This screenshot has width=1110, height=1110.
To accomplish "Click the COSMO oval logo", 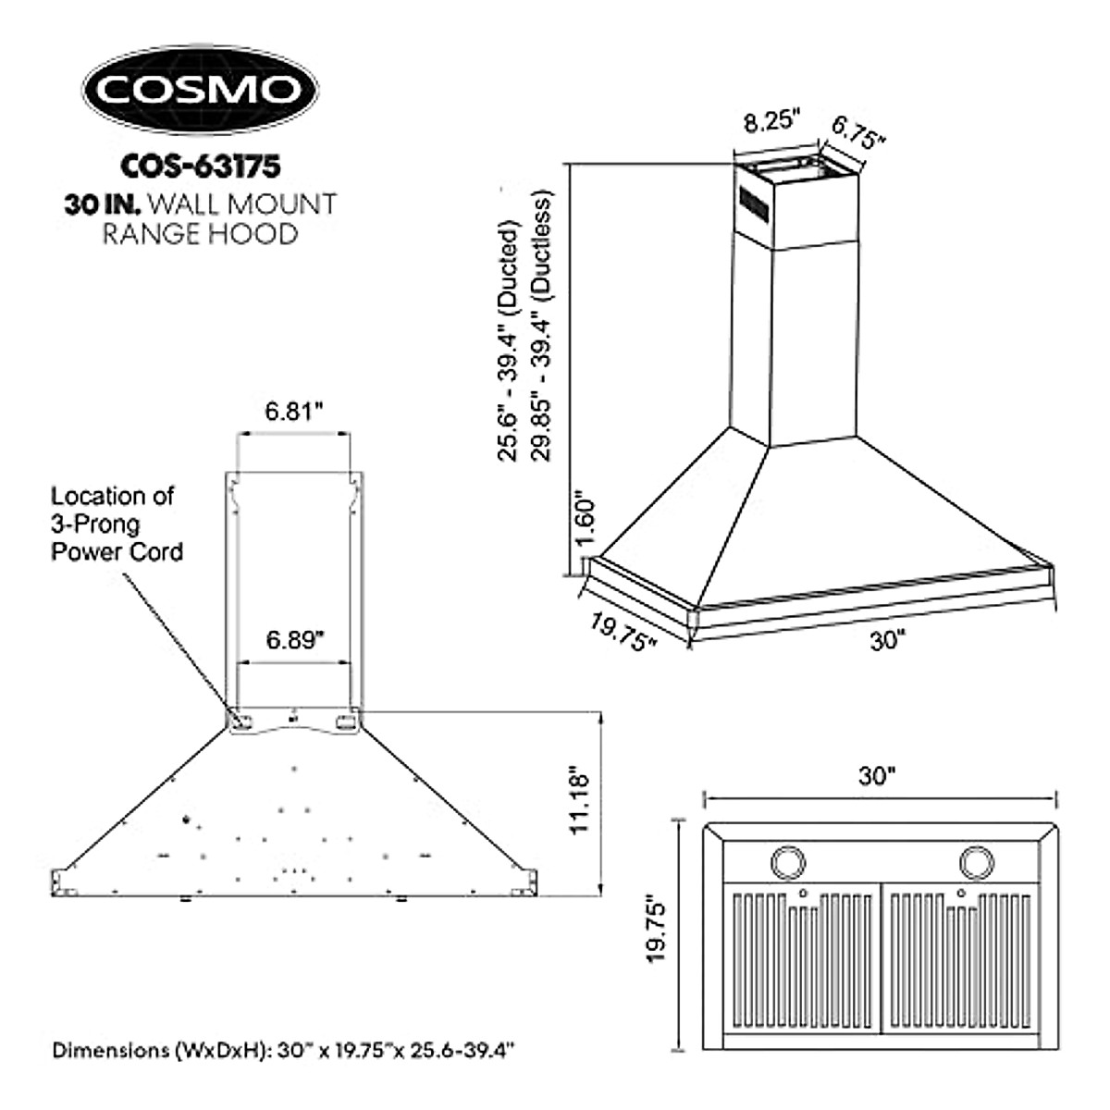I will pos(200,90).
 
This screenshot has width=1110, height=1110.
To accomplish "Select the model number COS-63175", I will pos(200,166).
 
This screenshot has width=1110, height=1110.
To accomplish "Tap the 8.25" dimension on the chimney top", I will pos(772,121).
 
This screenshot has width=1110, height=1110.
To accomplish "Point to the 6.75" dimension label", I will pos(857,132).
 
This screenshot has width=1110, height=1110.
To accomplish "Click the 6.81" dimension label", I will pos(293,412).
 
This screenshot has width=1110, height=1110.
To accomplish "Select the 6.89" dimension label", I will pos(293,641).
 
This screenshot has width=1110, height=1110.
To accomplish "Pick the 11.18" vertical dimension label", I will pos(580,800).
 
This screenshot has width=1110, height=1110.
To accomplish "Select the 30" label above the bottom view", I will pos(878,776).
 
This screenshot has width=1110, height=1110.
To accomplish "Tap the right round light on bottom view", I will pos(975,862).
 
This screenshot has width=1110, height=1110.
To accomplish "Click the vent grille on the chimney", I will pos(753,202).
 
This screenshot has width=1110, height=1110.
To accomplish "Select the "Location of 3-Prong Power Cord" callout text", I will pos(117,524).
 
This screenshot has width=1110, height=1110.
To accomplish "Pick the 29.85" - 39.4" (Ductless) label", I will pos(543,326).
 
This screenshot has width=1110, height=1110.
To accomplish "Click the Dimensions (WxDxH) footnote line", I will pos(283,1051).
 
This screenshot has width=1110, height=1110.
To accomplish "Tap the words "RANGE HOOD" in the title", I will pos(200,234).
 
